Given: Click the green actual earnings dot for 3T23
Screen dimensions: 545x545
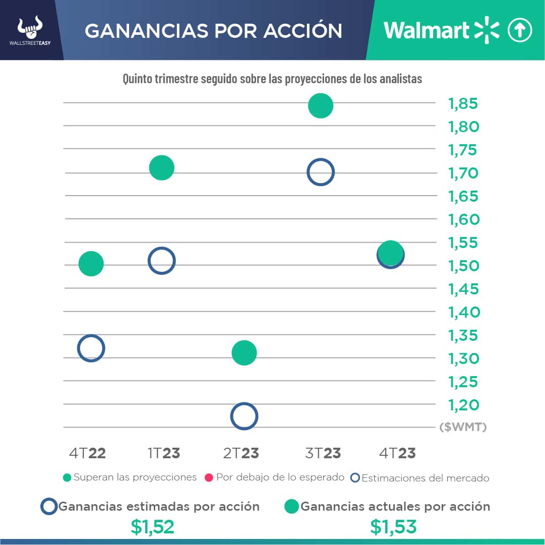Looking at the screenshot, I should [321, 106].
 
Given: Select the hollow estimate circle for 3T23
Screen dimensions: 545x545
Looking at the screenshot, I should [321, 172].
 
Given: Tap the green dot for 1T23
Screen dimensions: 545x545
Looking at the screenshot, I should [162, 167].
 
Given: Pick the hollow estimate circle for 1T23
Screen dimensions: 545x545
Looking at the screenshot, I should [161, 261].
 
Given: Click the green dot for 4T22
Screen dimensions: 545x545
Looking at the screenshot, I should [91, 263].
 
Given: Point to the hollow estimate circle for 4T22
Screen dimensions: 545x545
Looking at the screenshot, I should [91, 348].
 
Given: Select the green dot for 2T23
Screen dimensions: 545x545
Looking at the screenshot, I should [244, 352].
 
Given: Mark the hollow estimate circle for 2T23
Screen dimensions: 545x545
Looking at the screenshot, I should [244, 416].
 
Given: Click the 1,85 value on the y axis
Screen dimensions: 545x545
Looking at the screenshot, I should [463, 104].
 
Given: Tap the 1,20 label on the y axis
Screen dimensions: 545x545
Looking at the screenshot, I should [463, 405].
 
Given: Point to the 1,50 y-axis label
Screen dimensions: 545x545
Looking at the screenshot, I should [463, 266].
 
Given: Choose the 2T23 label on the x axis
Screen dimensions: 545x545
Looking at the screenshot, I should [241, 453].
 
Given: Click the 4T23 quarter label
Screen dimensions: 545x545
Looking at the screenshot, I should [397, 453].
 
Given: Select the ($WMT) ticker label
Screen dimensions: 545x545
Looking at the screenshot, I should [463, 428].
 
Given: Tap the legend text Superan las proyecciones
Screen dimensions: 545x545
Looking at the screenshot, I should [135, 477].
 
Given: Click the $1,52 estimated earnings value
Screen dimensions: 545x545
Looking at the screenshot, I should [152, 527].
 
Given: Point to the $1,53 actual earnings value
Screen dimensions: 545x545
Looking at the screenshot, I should [393, 527].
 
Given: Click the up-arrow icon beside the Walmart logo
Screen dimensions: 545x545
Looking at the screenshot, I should [519, 30].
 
